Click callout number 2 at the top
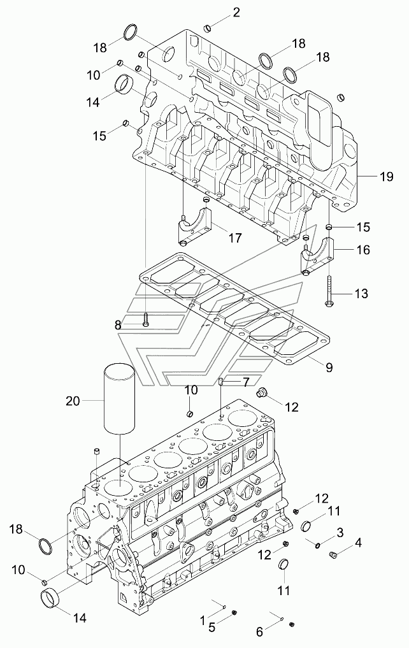(236, 12)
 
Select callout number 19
(386, 177)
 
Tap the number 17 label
(236, 238)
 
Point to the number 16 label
(363, 250)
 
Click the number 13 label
(361, 294)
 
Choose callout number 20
(73, 400)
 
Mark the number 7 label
(246, 383)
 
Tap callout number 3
(340, 533)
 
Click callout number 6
(259, 632)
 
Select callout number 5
(212, 628)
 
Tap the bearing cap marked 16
(316, 257)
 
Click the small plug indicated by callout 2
(208, 27)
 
